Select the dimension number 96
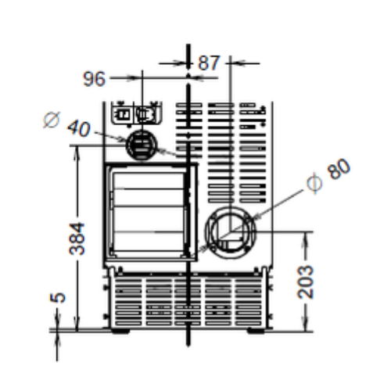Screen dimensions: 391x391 95,78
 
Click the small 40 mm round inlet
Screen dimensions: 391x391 141,145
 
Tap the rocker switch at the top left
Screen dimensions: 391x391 123,114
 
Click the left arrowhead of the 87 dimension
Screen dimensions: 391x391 183,63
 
